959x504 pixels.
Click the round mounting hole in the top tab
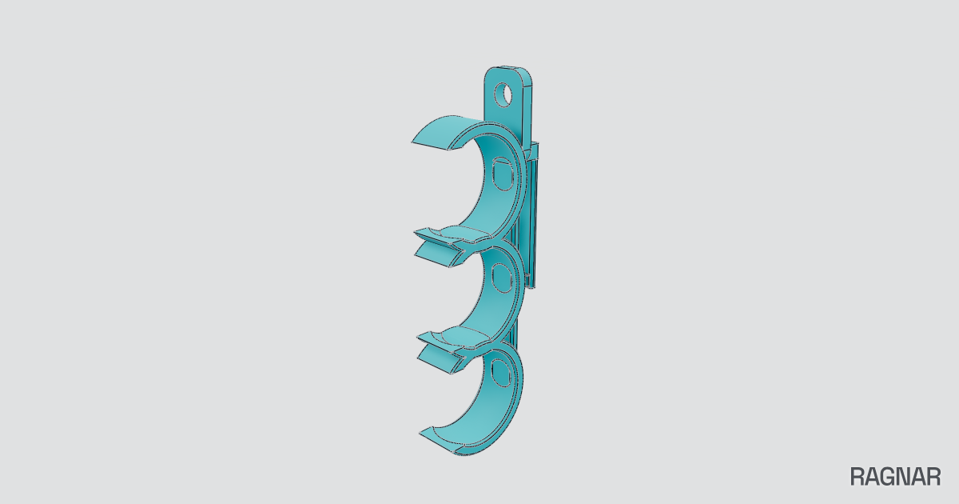[503, 94]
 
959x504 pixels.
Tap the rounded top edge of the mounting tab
[508, 69]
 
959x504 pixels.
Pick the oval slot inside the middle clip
[502, 278]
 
